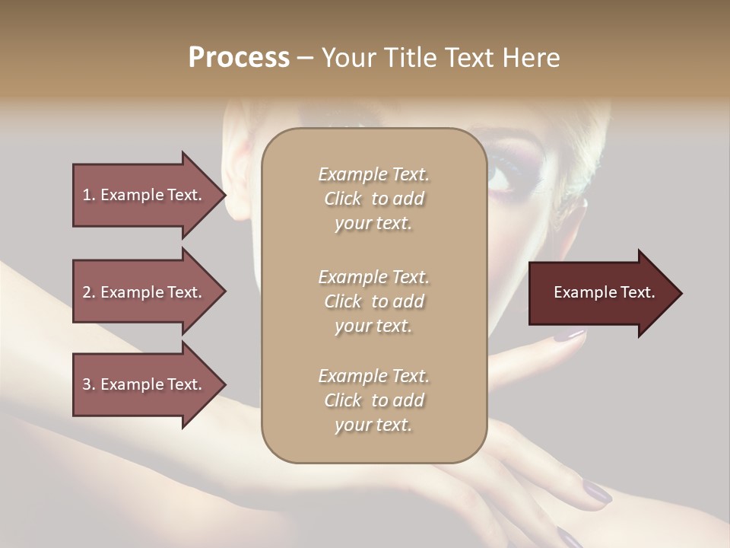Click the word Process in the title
[x=239, y=58]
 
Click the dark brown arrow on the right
[x=601, y=292]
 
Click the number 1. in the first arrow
[x=89, y=195]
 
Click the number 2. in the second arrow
[x=89, y=292]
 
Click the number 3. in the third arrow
[x=89, y=384]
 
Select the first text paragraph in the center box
[x=373, y=199]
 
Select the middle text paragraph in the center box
[x=373, y=301]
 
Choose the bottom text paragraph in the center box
[x=373, y=400]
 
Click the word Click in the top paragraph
[x=343, y=199]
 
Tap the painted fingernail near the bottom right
[x=597, y=495]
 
